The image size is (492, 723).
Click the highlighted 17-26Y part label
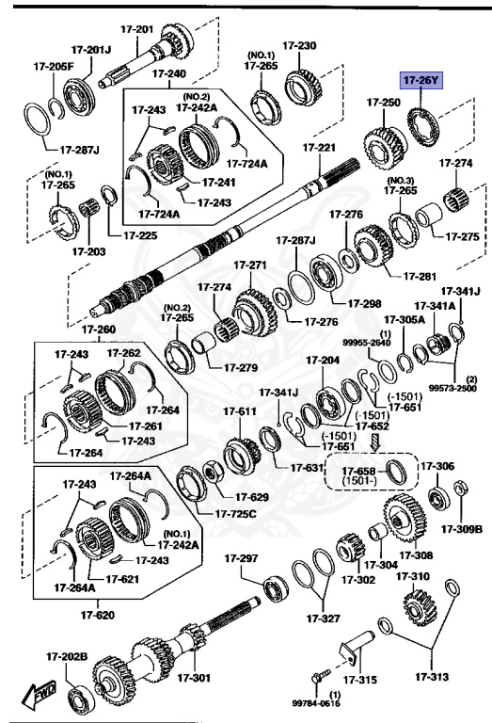(421, 81)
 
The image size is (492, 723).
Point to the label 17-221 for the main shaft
(318, 148)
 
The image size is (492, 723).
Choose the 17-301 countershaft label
(197, 678)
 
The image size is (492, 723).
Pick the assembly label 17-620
(99, 615)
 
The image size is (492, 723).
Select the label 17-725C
(236, 514)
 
